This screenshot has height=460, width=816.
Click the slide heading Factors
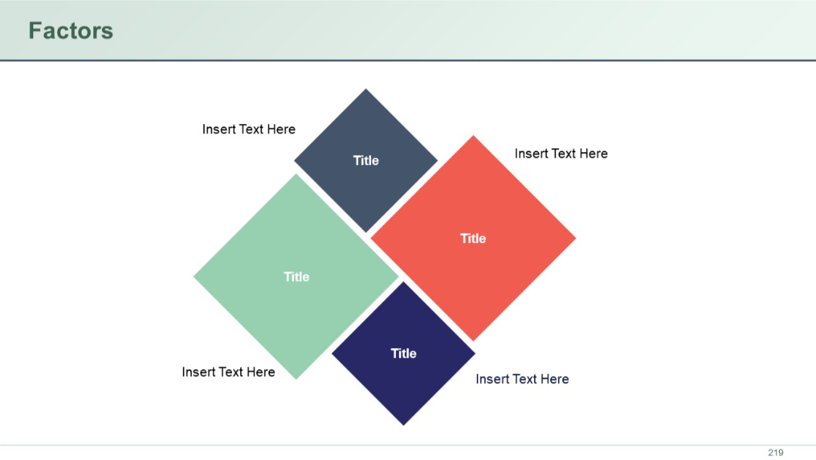click(x=70, y=31)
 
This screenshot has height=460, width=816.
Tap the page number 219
click(x=775, y=452)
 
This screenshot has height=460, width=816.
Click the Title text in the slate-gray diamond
click(x=366, y=160)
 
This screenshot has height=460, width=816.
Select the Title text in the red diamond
click(x=473, y=238)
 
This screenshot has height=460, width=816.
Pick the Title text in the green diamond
click(x=296, y=277)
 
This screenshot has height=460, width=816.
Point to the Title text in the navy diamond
click(x=403, y=353)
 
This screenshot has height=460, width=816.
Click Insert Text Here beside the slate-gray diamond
click(x=249, y=129)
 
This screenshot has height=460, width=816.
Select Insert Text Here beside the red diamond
click(x=561, y=154)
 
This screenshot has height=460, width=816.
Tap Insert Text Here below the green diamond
click(x=228, y=372)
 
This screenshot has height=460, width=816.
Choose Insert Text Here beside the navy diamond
click(x=522, y=379)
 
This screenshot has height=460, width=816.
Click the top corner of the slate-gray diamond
click(x=366, y=90)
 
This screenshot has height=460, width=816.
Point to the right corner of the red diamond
click(x=574, y=238)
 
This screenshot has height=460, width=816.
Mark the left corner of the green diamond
click(x=195, y=277)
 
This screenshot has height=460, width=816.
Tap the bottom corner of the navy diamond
click(x=403, y=424)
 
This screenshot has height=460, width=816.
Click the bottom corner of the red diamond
click(x=473, y=340)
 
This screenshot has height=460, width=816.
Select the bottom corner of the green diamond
click(x=296, y=378)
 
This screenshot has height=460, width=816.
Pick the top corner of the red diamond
click(x=473, y=137)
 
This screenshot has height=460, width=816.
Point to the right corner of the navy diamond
click(x=474, y=353)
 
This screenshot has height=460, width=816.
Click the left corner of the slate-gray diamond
click(x=295, y=160)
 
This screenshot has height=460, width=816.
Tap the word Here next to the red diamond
click(x=593, y=154)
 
